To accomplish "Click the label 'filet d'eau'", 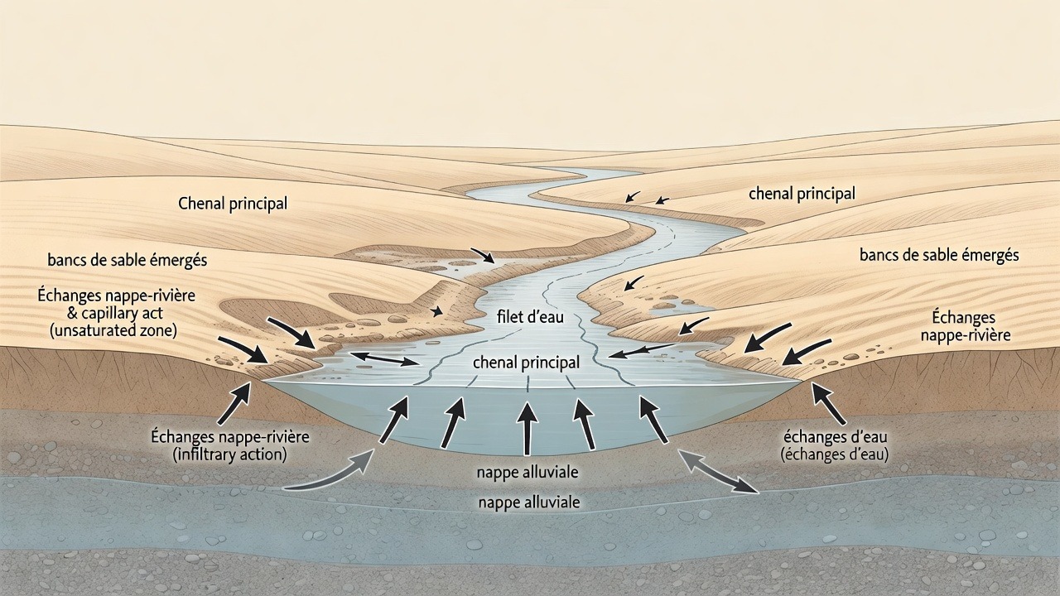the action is coord(531,316).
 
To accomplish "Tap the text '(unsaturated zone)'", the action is coord(113,330).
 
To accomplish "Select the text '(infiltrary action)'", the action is coord(230,454).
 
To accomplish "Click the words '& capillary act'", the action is coord(115,313).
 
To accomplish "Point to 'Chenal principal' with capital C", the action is coord(233,204).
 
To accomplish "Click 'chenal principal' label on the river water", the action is coord(526,363).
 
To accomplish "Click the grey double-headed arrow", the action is coord(718,473).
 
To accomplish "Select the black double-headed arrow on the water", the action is coord(384,359).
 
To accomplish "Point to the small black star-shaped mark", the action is coord(436,310).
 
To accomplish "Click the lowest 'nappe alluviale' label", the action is coord(529,502).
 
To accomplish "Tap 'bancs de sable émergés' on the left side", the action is coord(128,260).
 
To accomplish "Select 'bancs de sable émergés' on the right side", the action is coord(939,256).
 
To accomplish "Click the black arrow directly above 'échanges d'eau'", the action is coord(829,403).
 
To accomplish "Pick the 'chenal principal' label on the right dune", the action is coord(802,194).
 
